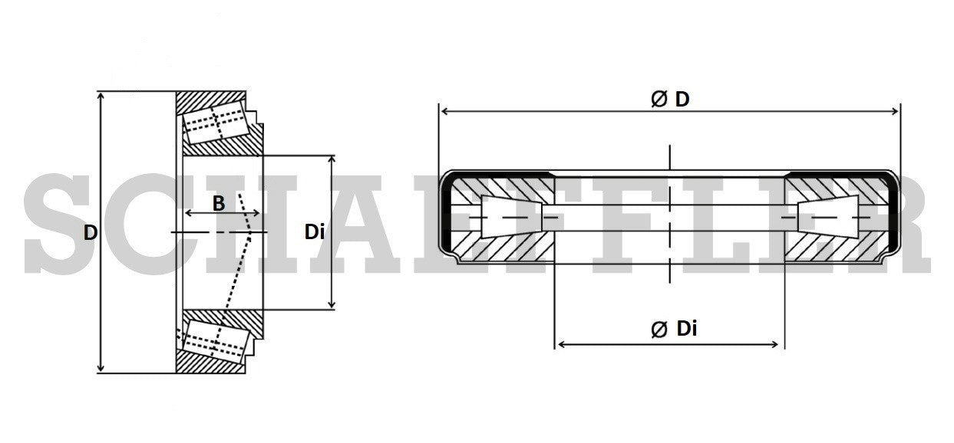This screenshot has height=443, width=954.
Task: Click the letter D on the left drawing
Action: pos(91,232)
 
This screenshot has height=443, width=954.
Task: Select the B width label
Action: pos(219,203)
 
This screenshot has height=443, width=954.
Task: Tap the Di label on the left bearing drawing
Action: pos(314,231)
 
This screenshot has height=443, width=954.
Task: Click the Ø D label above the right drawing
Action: pos(670,99)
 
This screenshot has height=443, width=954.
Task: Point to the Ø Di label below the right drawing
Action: pos(674,329)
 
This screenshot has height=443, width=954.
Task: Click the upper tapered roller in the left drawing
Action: pos(216,123)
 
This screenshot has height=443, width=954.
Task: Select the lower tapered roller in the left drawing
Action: pos(216,340)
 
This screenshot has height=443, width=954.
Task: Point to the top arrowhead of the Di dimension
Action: pos(332,159)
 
